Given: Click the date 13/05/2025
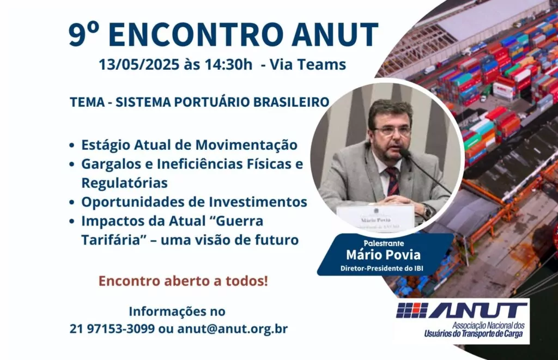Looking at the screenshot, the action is [x=139, y=65].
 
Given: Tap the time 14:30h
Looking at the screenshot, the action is [x=228, y=65].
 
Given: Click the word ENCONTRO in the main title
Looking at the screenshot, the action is [x=196, y=34].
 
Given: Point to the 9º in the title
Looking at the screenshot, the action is [x=83, y=34].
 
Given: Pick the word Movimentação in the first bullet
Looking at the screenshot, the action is [x=246, y=145].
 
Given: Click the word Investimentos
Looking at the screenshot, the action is [x=258, y=202].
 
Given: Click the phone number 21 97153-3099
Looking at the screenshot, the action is [x=112, y=329].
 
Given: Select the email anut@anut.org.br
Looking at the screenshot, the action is [x=232, y=329].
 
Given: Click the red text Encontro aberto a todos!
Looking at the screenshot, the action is [x=183, y=281].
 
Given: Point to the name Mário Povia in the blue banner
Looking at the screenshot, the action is [x=384, y=255].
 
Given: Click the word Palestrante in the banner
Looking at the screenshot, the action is [x=384, y=243].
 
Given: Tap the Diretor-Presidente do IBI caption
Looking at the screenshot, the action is [x=382, y=268].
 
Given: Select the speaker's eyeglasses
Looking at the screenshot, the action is [x=391, y=131].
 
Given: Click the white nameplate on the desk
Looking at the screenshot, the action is [x=376, y=216].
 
